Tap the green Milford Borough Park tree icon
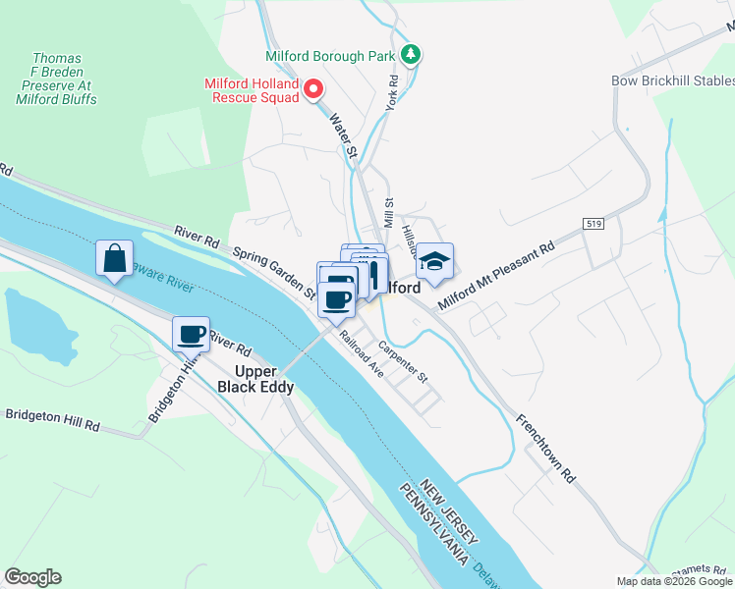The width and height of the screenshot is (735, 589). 414,54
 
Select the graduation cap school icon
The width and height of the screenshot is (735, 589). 433,262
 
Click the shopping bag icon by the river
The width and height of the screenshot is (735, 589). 114,259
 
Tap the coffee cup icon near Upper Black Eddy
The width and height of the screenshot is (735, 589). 192,335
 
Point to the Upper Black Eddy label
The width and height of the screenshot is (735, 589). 255,379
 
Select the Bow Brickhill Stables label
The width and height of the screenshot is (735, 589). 672,80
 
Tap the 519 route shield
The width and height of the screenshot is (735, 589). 592,224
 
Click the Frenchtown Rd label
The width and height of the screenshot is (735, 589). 545,447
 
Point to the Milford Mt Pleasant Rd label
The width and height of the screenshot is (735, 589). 496,274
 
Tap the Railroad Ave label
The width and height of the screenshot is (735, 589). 361,355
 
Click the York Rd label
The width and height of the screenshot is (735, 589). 391,93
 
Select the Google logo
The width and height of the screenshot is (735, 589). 32,577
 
